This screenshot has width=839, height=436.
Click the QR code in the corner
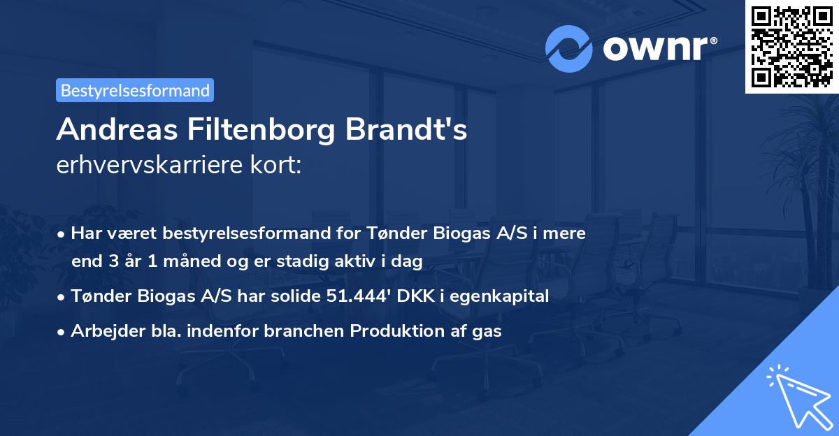click(x=791, y=46)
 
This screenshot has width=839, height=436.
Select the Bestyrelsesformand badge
click(x=135, y=90)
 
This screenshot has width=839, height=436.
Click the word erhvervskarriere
click(x=150, y=166)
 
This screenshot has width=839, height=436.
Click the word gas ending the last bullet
click(x=487, y=331)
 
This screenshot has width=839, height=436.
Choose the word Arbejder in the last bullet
click(x=101, y=331)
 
